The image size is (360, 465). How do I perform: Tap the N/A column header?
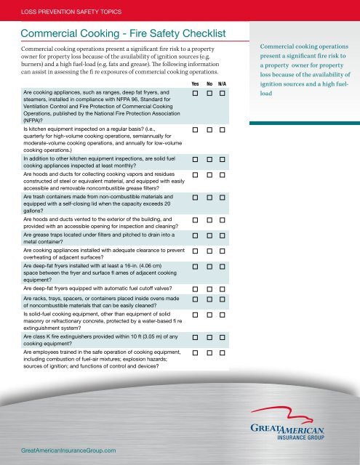[223, 84]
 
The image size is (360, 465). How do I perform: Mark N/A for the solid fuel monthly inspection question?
[223, 158]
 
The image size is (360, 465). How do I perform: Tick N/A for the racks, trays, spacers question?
[223, 299]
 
